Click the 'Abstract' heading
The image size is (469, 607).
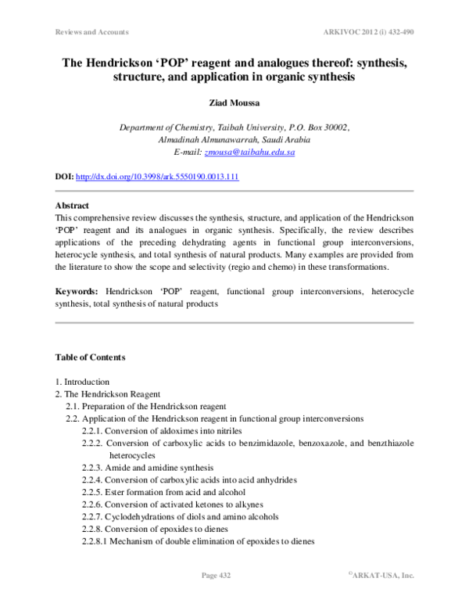(72, 206)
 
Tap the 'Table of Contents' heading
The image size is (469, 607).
(90, 357)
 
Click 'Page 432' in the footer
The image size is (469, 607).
(220, 575)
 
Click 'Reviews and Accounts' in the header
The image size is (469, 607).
(91, 33)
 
